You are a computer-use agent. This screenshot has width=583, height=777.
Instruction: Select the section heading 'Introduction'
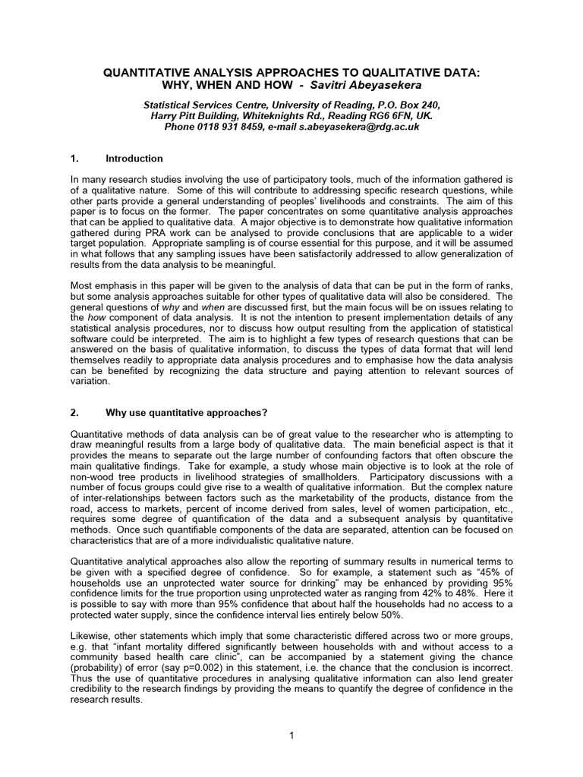[134, 159]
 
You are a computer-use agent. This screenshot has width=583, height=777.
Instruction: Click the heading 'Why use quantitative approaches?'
[187, 412]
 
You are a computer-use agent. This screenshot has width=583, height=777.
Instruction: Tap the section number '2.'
[74, 412]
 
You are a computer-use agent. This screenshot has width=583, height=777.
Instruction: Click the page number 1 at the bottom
[291, 735]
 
